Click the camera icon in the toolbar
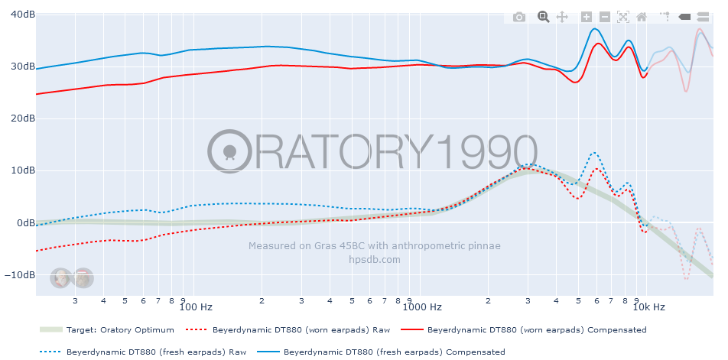519,17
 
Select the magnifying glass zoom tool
543,17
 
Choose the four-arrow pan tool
561,17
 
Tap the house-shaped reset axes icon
642,17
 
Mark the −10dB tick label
19,275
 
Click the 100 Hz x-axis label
195,307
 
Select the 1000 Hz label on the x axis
423,307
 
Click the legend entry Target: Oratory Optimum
119,330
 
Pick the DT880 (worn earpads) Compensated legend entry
536,330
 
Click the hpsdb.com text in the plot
374,260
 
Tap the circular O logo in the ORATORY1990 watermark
229,149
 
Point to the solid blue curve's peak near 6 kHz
595,28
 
